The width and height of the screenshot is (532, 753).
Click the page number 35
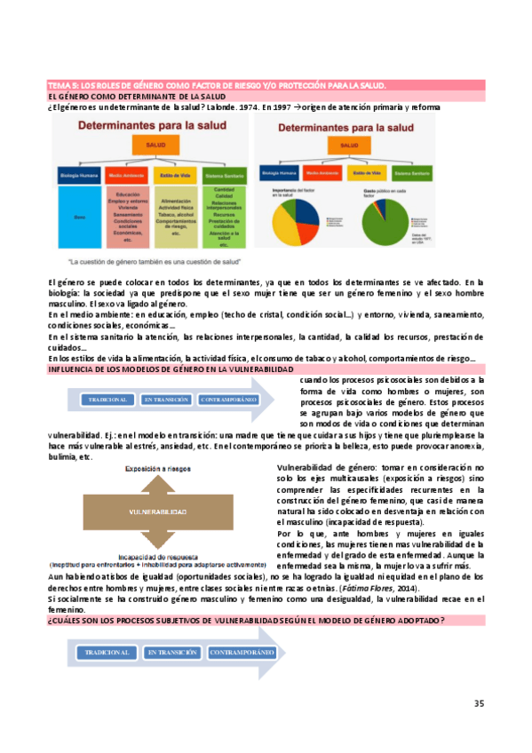coord(479,704)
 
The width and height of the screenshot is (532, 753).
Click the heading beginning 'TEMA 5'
coord(217,85)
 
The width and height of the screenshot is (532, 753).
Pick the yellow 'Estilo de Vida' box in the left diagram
coord(177,176)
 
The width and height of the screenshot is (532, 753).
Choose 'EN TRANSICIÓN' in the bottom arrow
coord(172,653)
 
